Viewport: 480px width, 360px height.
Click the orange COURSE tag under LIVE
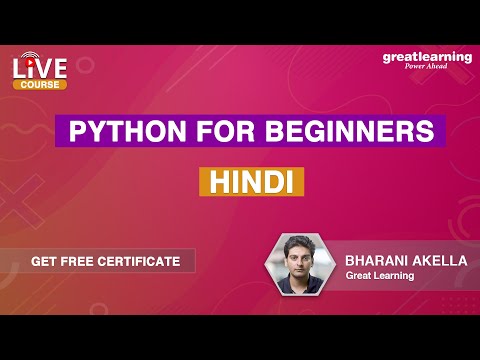[40, 85]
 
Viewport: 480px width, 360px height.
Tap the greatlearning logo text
[426, 57]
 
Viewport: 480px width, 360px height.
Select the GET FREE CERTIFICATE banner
[105, 261]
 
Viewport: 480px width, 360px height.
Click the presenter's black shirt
[302, 288]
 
